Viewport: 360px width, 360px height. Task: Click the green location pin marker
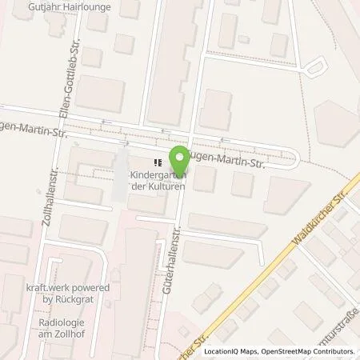point(178,159)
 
